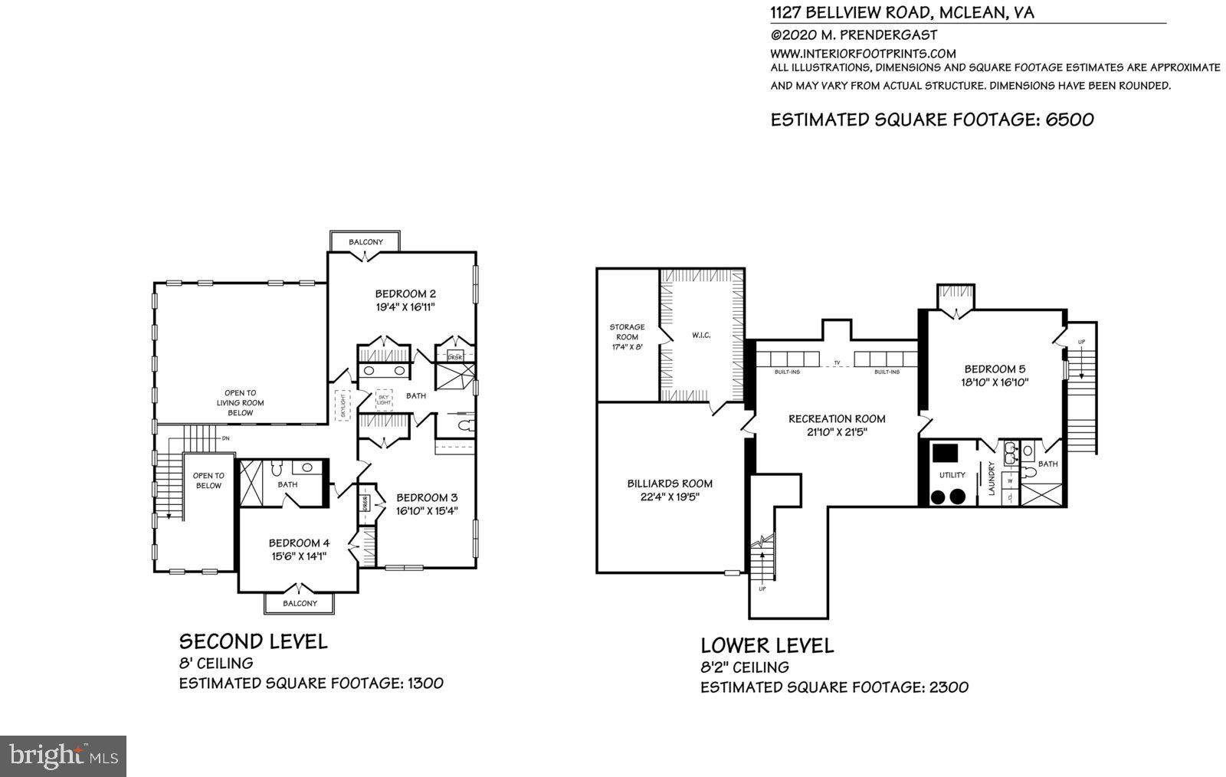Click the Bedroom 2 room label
pyautogui.click(x=405, y=293)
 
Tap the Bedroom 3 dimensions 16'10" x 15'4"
pyautogui.click(x=427, y=510)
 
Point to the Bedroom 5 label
pyautogui.click(x=995, y=369)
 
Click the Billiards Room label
pyautogui.click(x=670, y=484)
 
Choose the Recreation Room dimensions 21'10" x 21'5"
pyautogui.click(x=837, y=431)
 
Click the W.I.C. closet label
pyautogui.click(x=700, y=335)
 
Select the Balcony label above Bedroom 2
pyautogui.click(x=366, y=242)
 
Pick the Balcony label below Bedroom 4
pyautogui.click(x=300, y=603)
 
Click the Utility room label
pyautogui.click(x=952, y=475)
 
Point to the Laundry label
pyautogui.click(x=992, y=479)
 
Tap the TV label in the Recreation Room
pyautogui.click(x=838, y=362)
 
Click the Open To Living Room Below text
pyautogui.click(x=240, y=402)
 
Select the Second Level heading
pyautogui.click(x=253, y=641)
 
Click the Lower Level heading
pyautogui.click(x=767, y=646)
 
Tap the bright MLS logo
pyautogui.click(x=63, y=756)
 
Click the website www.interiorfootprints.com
pyautogui.click(x=863, y=54)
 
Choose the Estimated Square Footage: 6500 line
pyautogui.click(x=932, y=120)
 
